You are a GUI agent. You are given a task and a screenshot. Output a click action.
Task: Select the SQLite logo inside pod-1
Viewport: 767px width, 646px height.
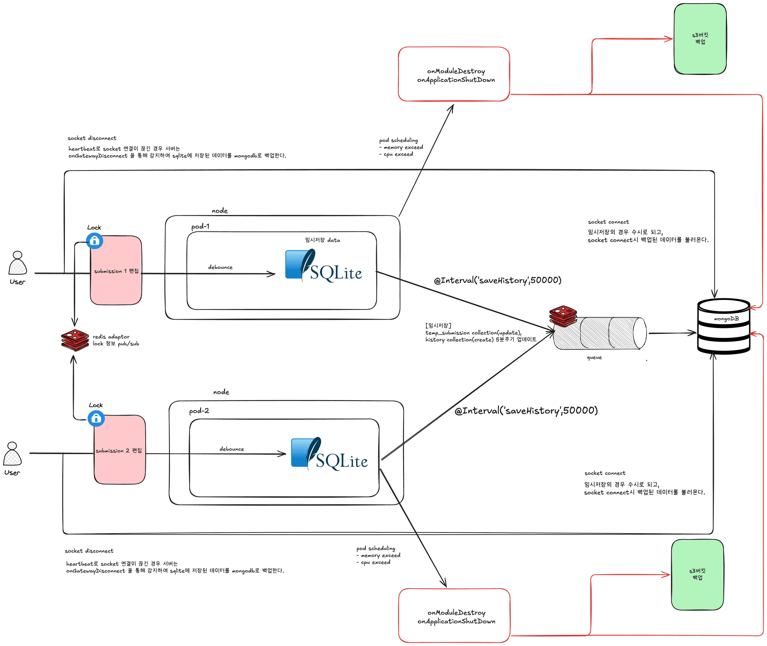[x=323, y=266]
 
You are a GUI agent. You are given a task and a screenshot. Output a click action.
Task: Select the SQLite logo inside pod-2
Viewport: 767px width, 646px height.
[x=329, y=454]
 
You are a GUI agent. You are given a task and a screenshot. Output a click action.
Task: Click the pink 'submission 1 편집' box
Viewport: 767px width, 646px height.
[x=116, y=278]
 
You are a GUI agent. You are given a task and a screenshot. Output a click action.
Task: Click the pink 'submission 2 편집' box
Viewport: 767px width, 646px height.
[x=120, y=458]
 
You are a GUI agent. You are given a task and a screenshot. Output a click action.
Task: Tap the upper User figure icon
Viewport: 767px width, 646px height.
[x=18, y=263]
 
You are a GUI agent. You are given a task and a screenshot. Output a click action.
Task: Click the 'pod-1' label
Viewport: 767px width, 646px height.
[x=200, y=227]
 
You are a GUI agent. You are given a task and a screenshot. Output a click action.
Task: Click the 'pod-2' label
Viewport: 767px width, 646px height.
[x=199, y=411]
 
